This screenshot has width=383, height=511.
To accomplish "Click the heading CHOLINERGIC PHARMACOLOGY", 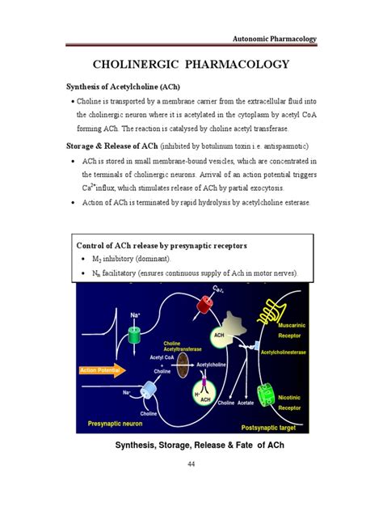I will tap(191, 64).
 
